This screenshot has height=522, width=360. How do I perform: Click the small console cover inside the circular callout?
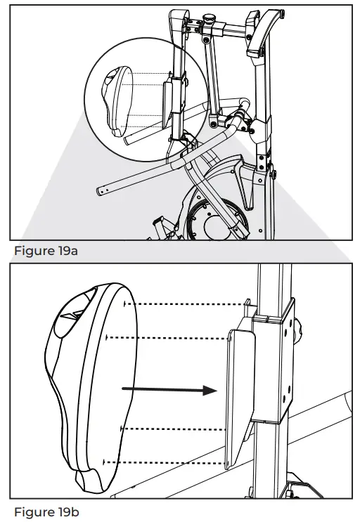coord(117,98)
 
